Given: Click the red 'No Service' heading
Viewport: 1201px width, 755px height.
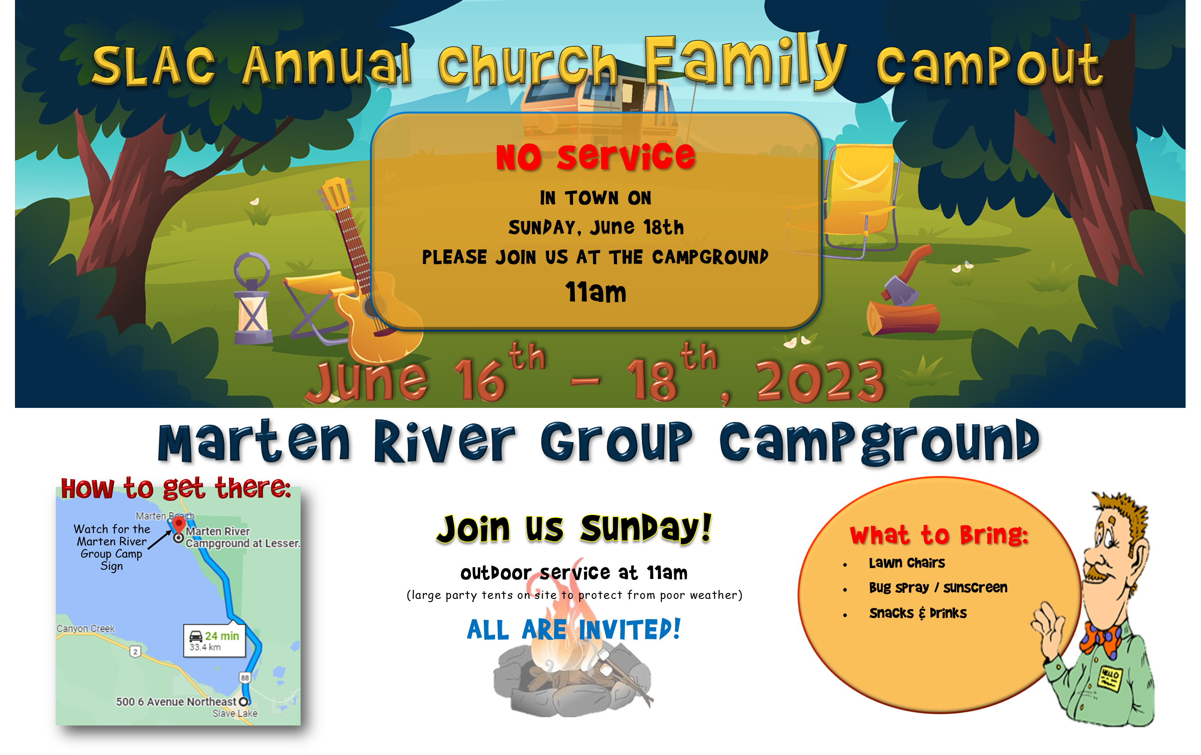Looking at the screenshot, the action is pos(595,157).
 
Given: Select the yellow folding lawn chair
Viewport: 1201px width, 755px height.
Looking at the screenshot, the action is pos(848,200).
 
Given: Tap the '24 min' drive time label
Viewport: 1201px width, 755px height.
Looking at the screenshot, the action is pos(222,636).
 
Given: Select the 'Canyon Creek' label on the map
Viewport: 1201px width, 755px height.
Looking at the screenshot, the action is pos(85,628).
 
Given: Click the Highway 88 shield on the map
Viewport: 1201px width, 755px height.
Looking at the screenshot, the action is pos(244,677).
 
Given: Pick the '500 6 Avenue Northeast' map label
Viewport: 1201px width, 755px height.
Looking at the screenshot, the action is pos(176,701).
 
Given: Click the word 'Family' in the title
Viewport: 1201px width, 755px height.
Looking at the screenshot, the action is pos(745,62).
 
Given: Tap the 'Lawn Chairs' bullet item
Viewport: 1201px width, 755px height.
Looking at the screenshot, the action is pos(907,563).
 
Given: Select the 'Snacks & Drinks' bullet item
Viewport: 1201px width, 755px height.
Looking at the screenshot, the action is pos(918,613).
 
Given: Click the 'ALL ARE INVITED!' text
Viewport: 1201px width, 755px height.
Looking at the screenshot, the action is pos(574,629).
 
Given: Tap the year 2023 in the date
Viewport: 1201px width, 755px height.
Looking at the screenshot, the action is pos(820,381).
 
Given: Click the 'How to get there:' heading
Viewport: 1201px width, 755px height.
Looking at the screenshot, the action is pos(175,488).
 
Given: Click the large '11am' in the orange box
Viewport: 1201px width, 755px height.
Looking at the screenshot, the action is pos(595,292).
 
